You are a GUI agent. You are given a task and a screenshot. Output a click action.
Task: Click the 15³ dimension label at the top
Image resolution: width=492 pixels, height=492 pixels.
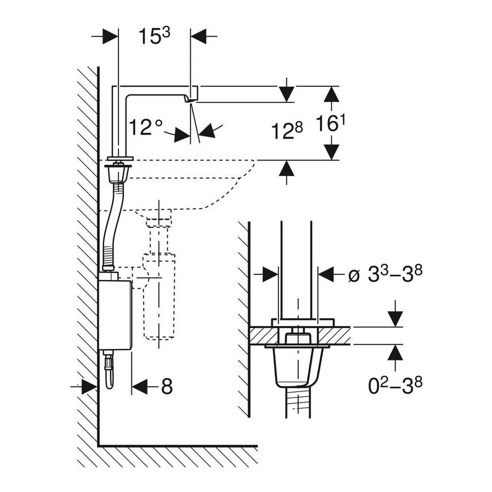[154, 35]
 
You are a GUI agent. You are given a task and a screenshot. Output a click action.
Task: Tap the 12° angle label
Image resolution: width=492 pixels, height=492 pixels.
[146, 127]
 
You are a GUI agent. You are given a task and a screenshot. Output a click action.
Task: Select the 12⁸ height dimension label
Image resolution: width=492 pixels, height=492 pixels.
[287, 130]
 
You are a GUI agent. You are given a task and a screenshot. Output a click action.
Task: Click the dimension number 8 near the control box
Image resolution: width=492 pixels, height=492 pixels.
[167, 386]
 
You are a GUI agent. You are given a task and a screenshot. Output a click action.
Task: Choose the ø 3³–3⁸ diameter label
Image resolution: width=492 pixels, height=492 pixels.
[385, 274]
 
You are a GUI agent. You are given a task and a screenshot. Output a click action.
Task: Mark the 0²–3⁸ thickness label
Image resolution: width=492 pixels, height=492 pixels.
[395, 385]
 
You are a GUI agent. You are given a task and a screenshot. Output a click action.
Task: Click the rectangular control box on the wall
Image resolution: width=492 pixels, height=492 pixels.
[115, 315]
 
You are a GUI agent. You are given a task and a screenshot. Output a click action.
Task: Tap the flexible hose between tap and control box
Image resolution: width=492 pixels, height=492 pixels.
[112, 226]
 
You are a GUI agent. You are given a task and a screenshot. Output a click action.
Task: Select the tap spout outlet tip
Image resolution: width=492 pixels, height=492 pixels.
[188, 99]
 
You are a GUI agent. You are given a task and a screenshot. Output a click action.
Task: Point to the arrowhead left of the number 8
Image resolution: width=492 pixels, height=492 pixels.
[140, 386]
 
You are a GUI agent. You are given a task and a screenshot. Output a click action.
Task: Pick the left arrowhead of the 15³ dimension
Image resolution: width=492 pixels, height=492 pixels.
[110, 36]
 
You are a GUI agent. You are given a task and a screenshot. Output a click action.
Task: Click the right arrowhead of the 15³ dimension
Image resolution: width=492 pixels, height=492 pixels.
[199, 36]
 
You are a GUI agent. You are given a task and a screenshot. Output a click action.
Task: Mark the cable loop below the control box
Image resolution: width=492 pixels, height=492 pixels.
[109, 370]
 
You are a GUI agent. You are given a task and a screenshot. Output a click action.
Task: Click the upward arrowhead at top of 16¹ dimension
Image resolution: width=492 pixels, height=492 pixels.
[332, 94]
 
